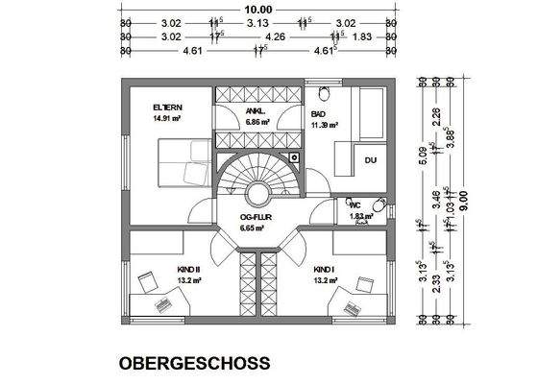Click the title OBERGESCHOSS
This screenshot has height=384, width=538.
(194, 364)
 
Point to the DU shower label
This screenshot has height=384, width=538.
(370, 159)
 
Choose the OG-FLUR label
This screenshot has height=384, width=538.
(253, 217)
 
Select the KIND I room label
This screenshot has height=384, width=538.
(324, 270)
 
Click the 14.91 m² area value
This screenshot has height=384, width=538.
(168, 119)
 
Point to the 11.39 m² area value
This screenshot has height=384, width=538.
(326, 125)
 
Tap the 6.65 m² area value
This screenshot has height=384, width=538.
(253, 228)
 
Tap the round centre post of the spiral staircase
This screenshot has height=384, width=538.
(258, 193)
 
